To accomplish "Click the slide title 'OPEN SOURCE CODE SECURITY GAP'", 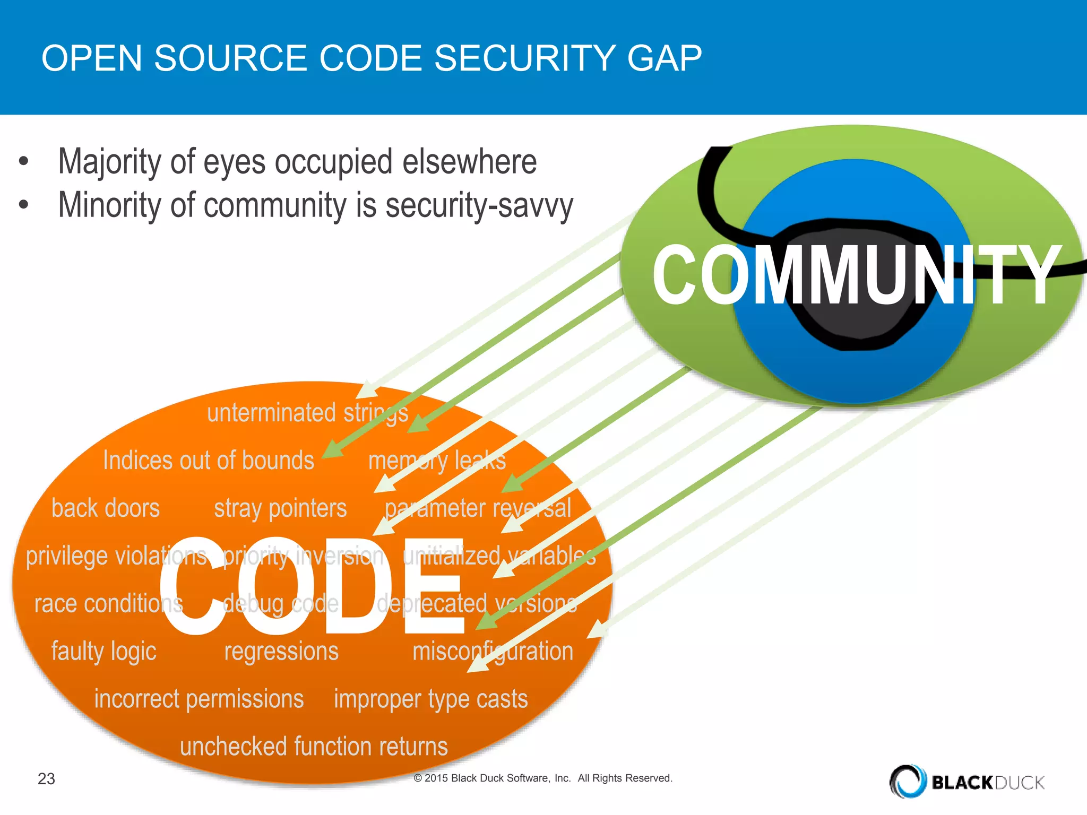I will [x=372, y=58].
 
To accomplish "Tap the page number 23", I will [x=46, y=778].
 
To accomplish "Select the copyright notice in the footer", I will [x=542, y=778].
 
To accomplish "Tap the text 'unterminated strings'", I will [x=307, y=413].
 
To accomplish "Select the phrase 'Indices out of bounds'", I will [x=209, y=460].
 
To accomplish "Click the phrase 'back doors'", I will [x=106, y=508].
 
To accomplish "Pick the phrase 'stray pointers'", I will [x=280, y=508].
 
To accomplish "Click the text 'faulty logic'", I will [x=104, y=652].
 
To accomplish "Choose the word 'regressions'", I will [x=281, y=652].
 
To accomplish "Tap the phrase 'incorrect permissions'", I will [x=199, y=699].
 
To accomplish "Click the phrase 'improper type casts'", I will [x=430, y=699].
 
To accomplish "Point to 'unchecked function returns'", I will [x=314, y=747].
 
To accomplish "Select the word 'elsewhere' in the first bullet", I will [x=469, y=161].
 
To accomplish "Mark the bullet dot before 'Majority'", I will [x=23, y=161].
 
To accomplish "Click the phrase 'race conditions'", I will [x=108, y=604].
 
